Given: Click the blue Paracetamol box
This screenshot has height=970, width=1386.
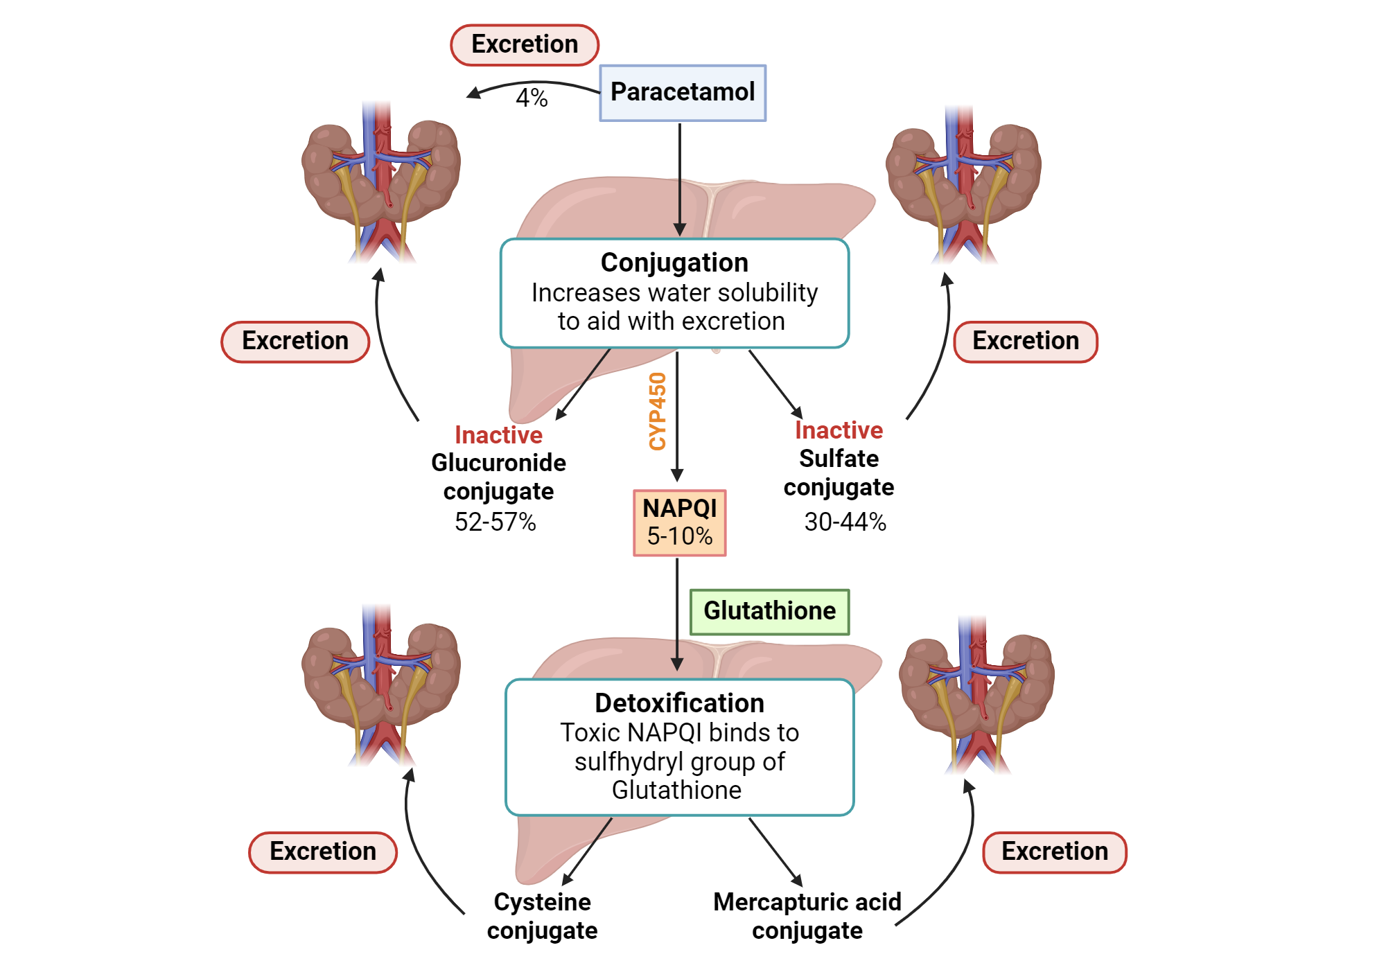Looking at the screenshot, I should (683, 93).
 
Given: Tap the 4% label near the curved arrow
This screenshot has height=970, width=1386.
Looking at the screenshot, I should (532, 98).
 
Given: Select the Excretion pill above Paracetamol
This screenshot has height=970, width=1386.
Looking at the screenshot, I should (525, 44).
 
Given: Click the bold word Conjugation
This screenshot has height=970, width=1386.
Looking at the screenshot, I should (674, 263).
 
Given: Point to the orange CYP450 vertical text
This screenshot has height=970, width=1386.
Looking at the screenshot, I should (657, 411).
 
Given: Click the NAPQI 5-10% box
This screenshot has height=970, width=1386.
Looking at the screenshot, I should (679, 522).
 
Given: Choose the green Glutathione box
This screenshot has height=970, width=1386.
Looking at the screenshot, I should (769, 611).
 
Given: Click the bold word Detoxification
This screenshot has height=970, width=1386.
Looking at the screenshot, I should (679, 703).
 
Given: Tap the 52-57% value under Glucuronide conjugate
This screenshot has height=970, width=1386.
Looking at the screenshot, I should (495, 522).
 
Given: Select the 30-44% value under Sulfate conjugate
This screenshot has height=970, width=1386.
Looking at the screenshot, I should (845, 522).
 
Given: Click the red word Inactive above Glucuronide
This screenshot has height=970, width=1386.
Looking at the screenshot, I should (498, 435).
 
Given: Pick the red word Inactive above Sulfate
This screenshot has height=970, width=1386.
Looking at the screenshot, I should (839, 430).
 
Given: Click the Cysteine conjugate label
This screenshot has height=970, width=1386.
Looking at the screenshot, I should (542, 916).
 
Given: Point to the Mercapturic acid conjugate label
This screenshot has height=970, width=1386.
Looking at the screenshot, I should (807, 916).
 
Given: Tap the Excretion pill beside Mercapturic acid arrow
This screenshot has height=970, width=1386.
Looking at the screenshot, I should (1054, 852).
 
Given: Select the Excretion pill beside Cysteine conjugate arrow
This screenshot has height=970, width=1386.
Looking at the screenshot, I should (323, 852).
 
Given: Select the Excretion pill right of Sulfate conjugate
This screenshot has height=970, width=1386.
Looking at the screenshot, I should (1026, 341).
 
